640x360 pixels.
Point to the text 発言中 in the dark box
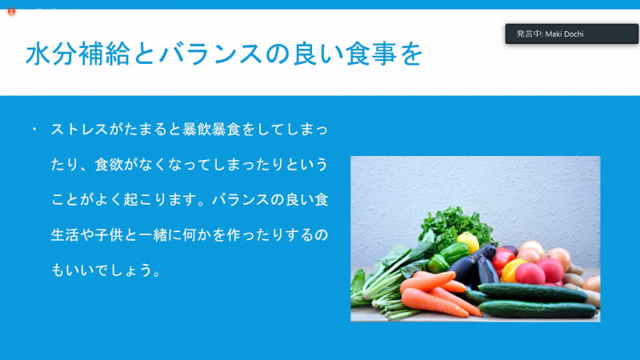pos(529,34)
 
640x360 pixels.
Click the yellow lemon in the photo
pos(468,241)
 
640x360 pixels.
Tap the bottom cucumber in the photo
pos(536,309)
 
